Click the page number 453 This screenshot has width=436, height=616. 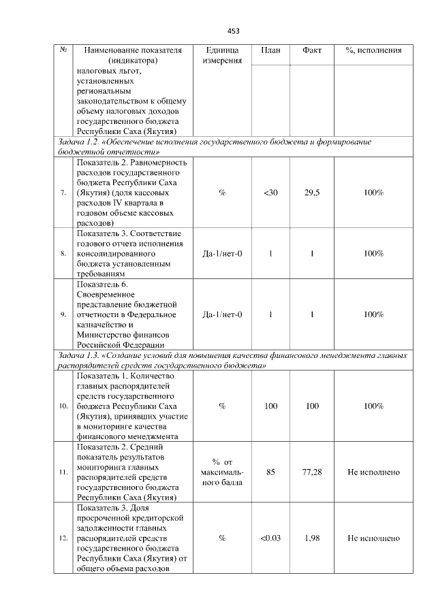[233, 31]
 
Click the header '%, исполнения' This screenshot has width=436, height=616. [373, 51]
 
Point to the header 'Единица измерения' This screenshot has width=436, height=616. [222, 56]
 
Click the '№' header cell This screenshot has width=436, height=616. [63, 51]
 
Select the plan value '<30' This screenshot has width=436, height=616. [270, 193]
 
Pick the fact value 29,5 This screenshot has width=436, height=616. [312, 193]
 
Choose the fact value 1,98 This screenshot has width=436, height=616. [312, 538]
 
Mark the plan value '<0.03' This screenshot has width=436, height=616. [270, 538]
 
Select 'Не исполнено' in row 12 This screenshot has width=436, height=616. [373, 538]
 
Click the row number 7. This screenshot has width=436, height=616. [63, 193]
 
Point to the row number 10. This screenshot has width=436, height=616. [63, 406]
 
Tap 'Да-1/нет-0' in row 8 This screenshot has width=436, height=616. [222, 254]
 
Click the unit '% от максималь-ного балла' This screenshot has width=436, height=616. [222, 472]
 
